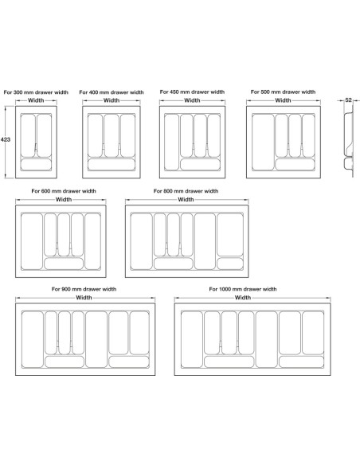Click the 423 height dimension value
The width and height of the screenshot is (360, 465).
6,139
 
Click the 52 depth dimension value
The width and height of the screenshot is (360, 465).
348,100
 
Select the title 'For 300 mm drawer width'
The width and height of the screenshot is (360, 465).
36,92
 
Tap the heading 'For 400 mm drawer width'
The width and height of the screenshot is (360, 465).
112,92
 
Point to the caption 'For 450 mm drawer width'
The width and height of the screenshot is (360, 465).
192,92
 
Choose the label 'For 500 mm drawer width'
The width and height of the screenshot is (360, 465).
283,92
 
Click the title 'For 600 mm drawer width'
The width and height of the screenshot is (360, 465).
64,191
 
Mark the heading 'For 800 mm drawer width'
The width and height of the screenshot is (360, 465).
186,191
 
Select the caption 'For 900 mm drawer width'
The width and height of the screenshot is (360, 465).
84,289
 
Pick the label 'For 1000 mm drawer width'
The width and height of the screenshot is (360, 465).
243,289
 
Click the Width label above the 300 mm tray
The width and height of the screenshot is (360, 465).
36,100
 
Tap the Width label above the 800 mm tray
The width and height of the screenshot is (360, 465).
186,199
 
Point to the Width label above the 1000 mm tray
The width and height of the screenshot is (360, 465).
243,298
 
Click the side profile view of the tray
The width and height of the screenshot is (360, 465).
349,142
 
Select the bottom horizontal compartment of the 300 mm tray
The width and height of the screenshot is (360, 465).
36,165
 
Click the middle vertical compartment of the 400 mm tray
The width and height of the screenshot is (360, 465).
112,135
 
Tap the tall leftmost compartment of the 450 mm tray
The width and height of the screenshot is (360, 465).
172,143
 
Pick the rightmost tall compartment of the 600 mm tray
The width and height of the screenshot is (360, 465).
93,241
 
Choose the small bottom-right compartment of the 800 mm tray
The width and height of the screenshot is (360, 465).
230,264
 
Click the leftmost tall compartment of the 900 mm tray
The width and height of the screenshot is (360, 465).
33,339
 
